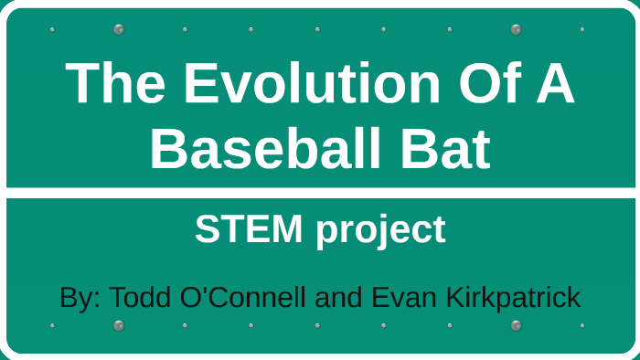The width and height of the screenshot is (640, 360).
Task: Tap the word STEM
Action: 248,229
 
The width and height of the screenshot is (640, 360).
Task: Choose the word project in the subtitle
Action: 380,232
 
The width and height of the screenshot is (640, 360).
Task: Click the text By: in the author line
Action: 80,298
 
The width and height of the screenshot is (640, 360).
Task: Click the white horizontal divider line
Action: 320,193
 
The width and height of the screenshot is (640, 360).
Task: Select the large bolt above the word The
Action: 118,29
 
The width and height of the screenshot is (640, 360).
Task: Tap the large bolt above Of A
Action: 516,29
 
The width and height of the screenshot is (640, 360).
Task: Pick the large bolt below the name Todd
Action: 118,325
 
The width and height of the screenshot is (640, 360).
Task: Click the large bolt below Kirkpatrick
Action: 516,325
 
